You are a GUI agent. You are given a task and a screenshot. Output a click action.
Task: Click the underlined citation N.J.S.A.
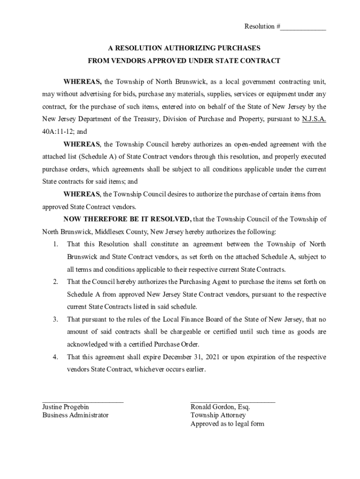click(314, 119)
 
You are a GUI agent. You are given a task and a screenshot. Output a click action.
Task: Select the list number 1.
click(55, 244)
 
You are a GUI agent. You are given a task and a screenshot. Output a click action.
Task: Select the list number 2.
click(55, 282)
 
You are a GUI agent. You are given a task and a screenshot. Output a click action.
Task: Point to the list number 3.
click(55, 319)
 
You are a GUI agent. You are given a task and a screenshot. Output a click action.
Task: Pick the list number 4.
click(55, 357)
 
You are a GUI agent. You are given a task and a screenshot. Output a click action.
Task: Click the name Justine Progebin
click(65, 407)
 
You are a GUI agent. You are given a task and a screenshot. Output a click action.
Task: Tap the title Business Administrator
click(75, 415)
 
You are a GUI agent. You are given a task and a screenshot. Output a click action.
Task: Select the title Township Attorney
click(218, 415)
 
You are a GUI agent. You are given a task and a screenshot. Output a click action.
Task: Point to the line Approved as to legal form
click(227, 424)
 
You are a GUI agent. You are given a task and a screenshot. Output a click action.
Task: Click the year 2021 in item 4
click(211, 357)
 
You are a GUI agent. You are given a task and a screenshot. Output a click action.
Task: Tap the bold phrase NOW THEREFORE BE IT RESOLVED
click(127, 219)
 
